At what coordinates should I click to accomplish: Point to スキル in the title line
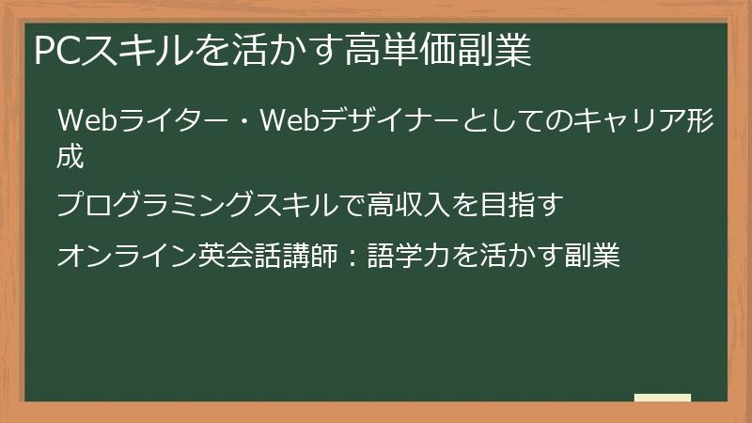(x=133, y=50)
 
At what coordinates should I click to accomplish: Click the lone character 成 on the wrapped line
(x=70, y=156)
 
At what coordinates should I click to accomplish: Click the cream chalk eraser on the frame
(x=663, y=399)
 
